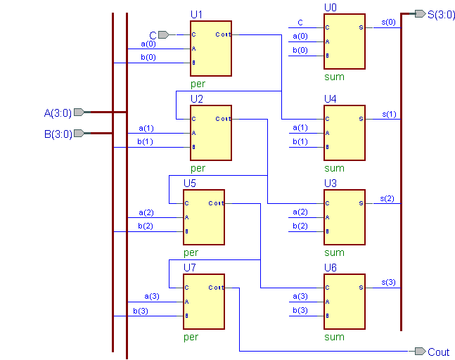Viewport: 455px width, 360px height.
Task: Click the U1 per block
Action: tap(210, 48)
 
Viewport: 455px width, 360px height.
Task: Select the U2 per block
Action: tap(210, 132)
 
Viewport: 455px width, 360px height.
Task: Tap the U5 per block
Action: tap(203, 217)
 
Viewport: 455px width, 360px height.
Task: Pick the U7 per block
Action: tap(203, 301)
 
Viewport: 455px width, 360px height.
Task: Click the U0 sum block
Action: tap(344, 41)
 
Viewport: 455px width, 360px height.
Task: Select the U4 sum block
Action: tap(344, 132)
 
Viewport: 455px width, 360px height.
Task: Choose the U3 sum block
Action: tap(344, 217)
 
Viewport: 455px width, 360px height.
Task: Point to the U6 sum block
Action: tap(344, 301)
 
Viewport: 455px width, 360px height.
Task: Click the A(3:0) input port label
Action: tap(58, 112)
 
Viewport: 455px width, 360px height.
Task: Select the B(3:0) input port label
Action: tap(58, 134)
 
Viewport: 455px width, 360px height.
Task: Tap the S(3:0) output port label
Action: tap(441, 14)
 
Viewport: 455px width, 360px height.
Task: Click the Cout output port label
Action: tap(438, 352)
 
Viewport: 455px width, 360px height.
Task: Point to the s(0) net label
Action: tap(388, 22)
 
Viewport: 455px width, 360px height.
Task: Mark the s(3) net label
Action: tap(388, 282)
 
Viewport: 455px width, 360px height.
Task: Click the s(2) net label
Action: tap(388, 198)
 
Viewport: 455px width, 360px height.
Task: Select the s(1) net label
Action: tap(388, 113)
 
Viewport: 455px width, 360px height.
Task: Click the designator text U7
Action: tap(190, 267)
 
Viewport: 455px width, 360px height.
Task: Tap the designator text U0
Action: tap(331, 7)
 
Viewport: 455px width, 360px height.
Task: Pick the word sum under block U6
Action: tap(334, 337)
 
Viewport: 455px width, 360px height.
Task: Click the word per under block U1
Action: tap(198, 84)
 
